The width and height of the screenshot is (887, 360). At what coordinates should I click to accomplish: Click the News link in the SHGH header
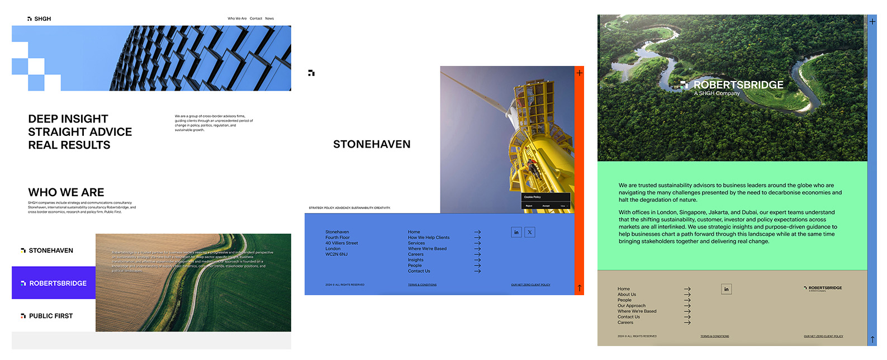(x=269, y=18)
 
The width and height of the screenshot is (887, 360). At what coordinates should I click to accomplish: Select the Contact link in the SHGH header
(x=256, y=18)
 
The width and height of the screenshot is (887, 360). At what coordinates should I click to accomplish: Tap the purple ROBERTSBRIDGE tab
(x=54, y=283)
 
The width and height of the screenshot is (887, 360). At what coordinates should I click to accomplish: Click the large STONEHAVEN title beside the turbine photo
(x=372, y=144)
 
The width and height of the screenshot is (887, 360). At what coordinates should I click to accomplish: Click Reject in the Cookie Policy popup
(x=529, y=206)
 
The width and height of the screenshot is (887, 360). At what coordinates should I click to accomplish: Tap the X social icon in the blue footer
(x=530, y=232)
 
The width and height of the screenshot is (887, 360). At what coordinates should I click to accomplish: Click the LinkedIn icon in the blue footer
(x=516, y=232)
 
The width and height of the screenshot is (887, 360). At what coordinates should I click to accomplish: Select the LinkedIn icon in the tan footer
(x=727, y=289)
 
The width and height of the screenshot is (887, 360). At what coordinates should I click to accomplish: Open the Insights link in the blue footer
(x=415, y=260)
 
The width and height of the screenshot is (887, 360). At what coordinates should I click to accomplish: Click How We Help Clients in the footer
(x=429, y=238)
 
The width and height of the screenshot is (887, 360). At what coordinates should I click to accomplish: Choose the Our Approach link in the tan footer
(x=632, y=306)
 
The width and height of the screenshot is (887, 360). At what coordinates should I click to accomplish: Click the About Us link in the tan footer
(x=627, y=295)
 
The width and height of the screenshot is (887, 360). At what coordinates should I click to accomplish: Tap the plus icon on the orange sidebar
(x=580, y=73)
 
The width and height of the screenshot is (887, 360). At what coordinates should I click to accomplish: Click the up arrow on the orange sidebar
(x=580, y=288)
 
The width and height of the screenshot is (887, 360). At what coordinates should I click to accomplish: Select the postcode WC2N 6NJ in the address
(x=336, y=254)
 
